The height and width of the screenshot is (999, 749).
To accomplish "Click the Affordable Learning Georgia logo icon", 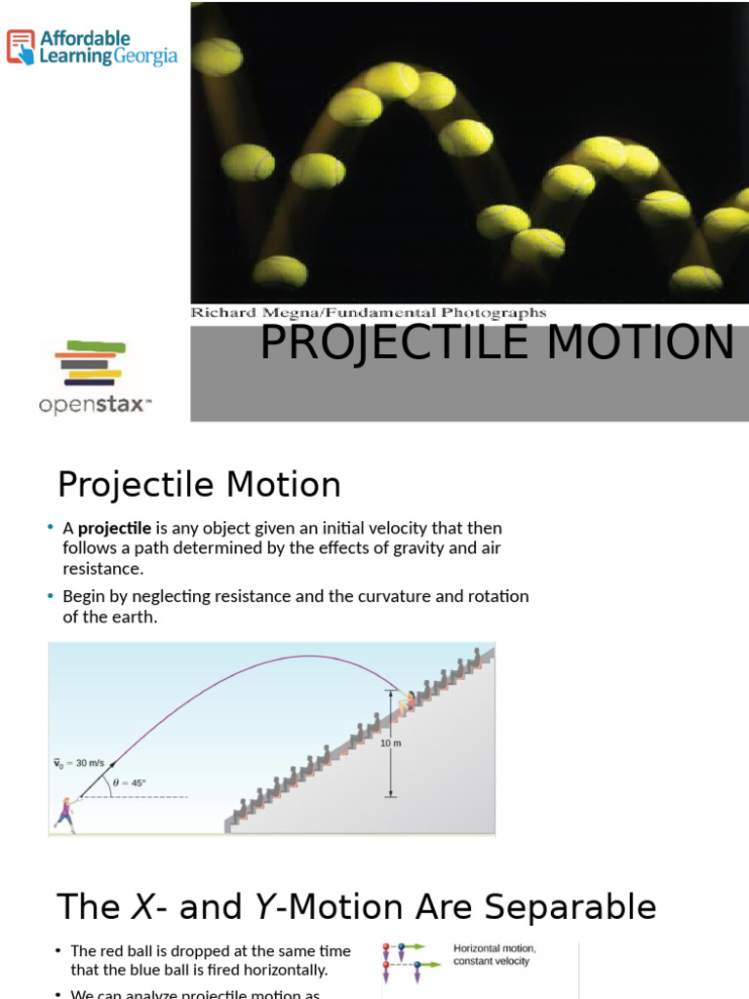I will click(20, 47).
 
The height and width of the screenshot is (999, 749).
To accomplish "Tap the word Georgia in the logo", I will click(146, 57).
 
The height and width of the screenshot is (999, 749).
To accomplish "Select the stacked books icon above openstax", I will click(92, 362).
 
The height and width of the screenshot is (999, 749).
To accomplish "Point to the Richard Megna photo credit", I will click(368, 313).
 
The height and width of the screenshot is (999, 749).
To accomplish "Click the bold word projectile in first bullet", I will click(114, 528).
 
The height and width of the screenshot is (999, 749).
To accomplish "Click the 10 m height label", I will click(389, 743).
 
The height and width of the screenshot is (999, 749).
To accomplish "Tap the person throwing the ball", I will click(65, 814).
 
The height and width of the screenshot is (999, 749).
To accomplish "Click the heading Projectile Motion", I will click(199, 485).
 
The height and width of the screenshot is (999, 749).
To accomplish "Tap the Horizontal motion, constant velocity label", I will click(494, 954).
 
